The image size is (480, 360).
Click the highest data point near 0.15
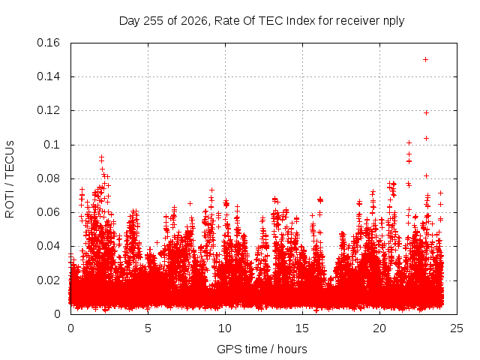click(425, 60)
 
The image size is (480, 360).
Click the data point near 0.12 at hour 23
click(426, 113)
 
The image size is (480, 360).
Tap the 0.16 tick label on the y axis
click(48, 43)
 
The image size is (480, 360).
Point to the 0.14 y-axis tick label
click(48, 76)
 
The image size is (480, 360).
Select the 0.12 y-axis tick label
click(48, 110)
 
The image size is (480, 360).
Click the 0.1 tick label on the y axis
click(52, 145)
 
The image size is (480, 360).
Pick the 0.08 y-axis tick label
click(48, 178)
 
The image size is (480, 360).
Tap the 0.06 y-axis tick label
click(48, 212)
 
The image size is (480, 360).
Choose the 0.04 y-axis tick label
click(48, 246)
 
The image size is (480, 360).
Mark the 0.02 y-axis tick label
click(48, 280)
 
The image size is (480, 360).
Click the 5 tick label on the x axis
click(148, 328)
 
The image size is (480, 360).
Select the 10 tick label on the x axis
click(225, 328)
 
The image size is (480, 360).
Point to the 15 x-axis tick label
click(302, 328)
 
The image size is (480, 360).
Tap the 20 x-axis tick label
click(379, 328)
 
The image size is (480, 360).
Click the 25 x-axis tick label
click(457, 328)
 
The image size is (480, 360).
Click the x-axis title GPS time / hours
click(262, 349)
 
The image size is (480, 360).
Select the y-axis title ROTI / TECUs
click(10, 179)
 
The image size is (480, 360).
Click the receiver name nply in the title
click(394, 21)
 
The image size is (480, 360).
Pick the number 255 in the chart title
click(154, 21)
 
